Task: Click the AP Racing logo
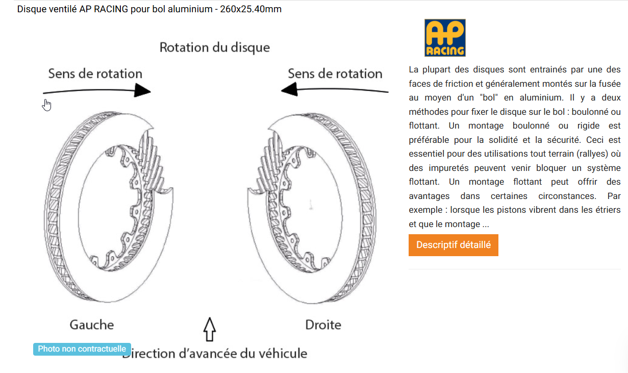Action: click(x=445, y=38)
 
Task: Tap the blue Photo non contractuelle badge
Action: click(x=82, y=349)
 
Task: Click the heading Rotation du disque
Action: click(x=215, y=47)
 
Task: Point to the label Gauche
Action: click(x=92, y=325)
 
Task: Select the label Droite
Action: click(x=323, y=325)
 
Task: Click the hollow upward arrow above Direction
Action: click(x=210, y=329)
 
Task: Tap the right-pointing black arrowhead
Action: click(x=142, y=90)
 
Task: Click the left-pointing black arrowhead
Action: click(x=289, y=89)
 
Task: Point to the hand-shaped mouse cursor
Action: click(x=47, y=105)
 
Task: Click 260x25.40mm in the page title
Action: click(x=250, y=9)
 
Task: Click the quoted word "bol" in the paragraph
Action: click(x=489, y=97)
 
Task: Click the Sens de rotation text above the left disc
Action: click(x=95, y=74)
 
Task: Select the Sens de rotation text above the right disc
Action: click(x=335, y=74)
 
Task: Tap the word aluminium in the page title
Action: click(x=190, y=9)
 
